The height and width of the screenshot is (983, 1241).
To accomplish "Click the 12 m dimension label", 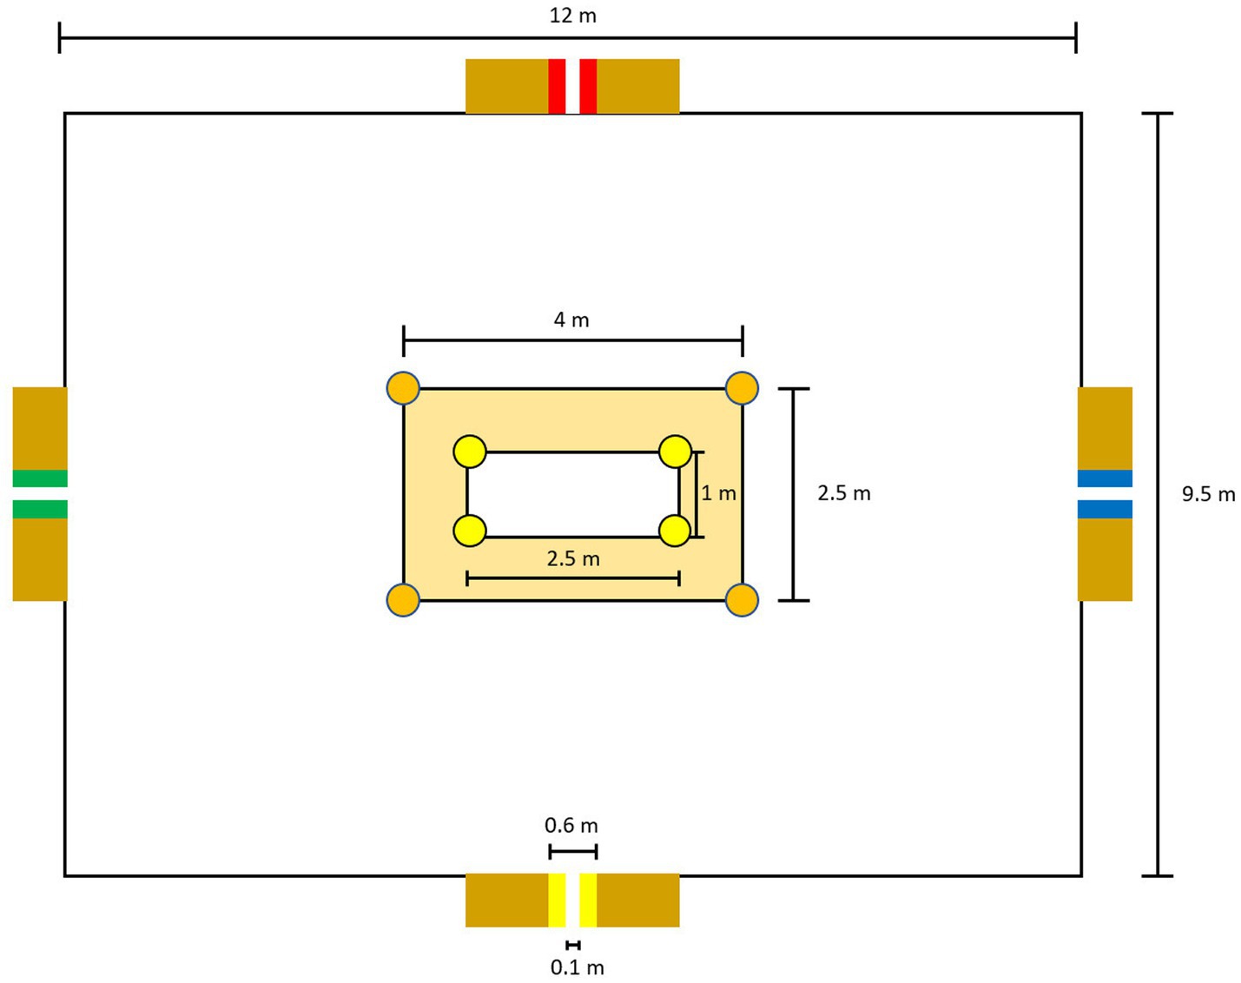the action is [572, 16].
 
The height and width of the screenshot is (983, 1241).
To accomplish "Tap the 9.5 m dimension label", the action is [1208, 494].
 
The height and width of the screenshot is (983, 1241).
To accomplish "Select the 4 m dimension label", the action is [571, 320].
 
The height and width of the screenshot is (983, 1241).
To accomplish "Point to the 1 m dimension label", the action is [718, 493].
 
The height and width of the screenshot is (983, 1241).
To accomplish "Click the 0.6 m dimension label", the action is [571, 826].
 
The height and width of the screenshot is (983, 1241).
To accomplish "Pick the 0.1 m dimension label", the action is [578, 967].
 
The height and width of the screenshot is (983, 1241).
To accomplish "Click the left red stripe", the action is [557, 87].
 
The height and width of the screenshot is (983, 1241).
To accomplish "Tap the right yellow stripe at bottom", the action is [588, 900].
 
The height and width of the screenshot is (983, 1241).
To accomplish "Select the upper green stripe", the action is [40, 478].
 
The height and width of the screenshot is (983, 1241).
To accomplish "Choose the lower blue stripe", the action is [1105, 510].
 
